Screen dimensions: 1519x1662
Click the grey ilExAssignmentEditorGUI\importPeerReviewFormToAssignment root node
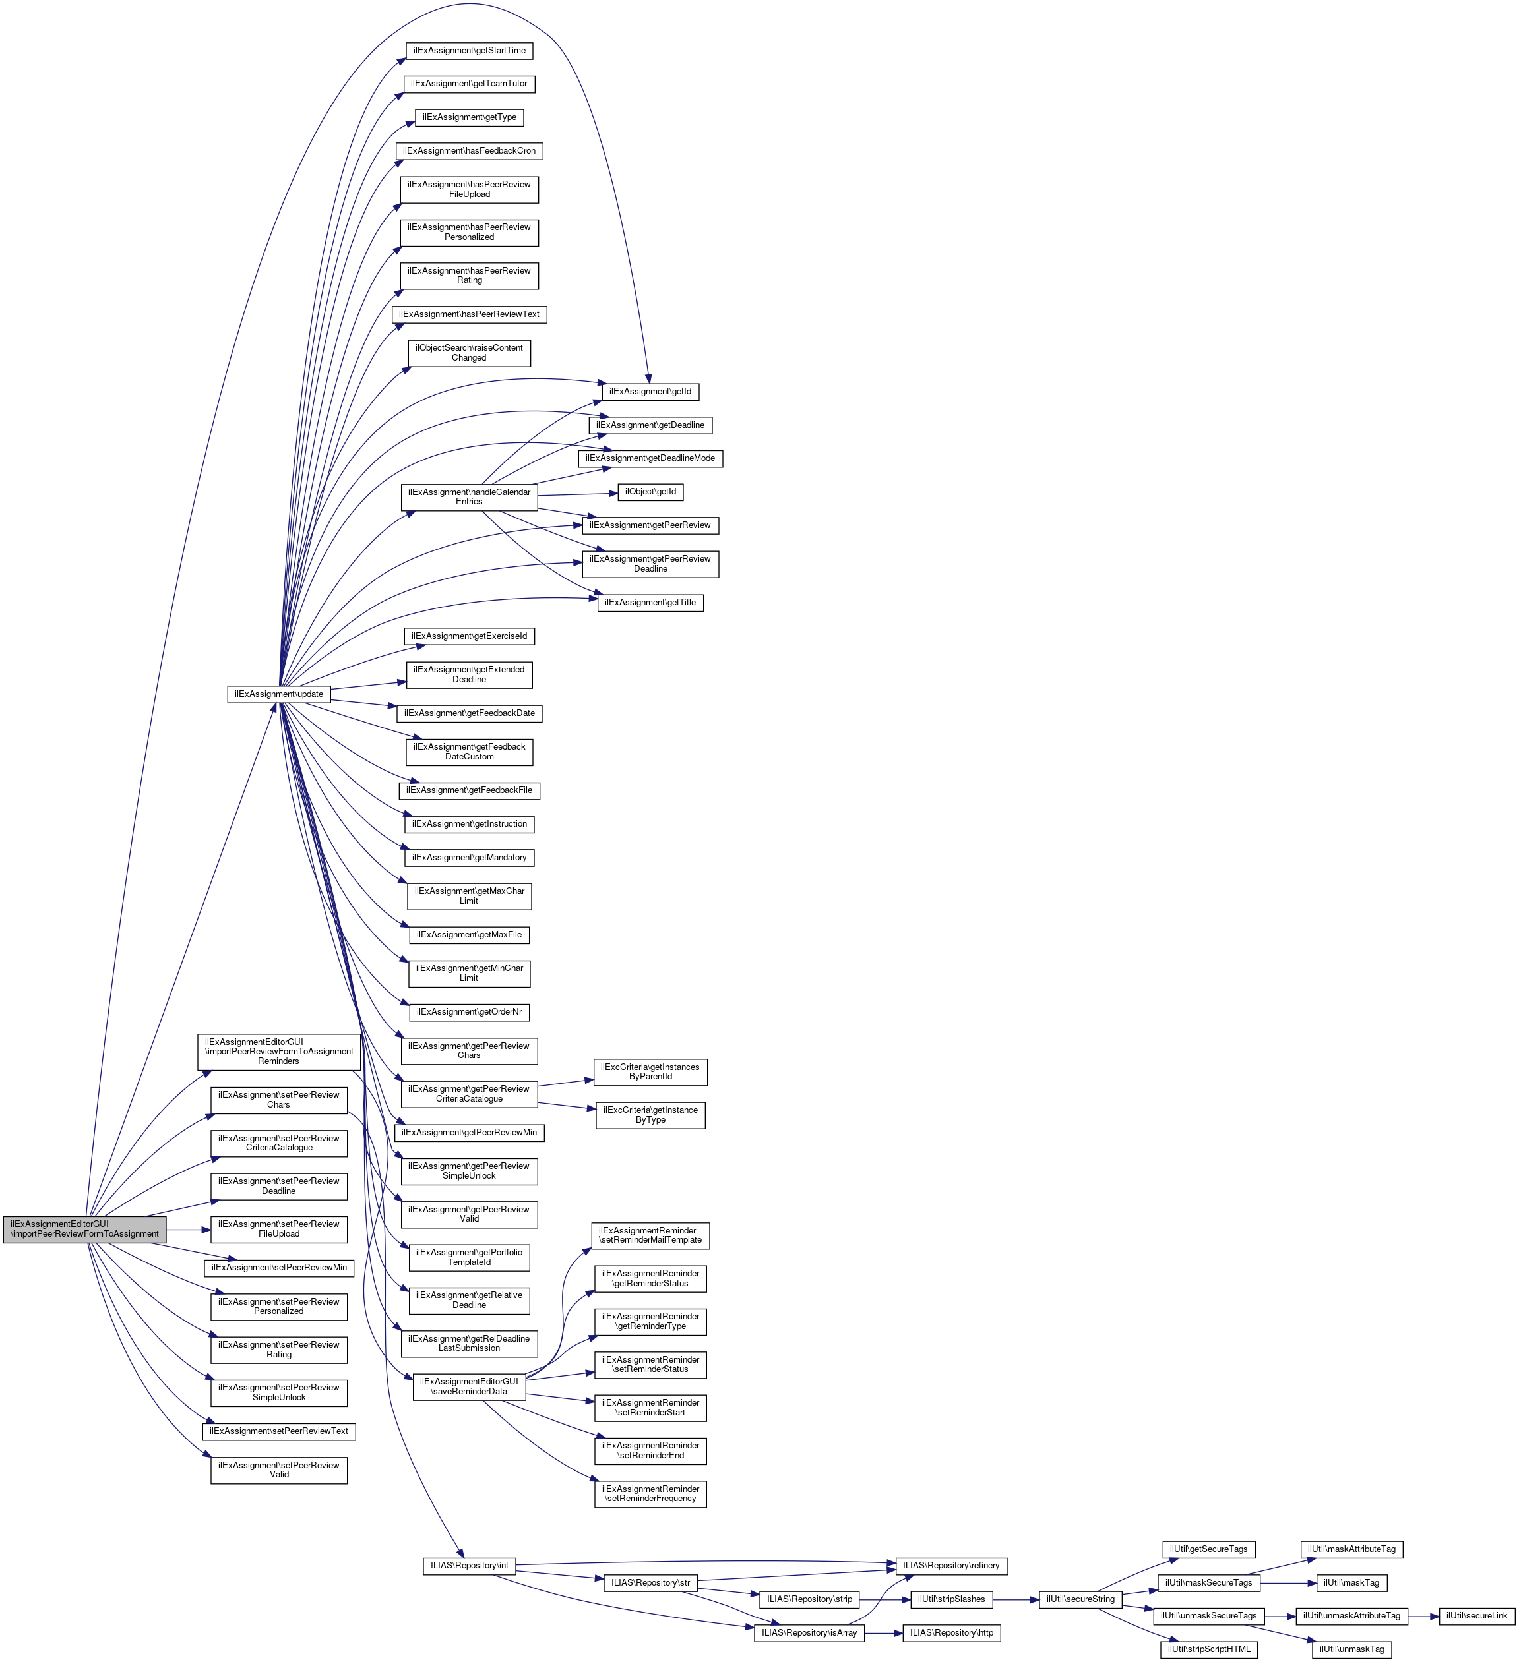coord(84,1229)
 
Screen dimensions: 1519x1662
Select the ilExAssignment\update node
coord(279,694)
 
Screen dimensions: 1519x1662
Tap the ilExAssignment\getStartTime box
coord(469,51)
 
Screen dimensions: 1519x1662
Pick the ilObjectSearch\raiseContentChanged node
coord(469,353)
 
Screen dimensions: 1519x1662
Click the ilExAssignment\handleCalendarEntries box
coord(469,497)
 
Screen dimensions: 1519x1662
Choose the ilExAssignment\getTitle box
coord(650,603)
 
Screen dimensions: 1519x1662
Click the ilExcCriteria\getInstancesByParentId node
coord(650,1072)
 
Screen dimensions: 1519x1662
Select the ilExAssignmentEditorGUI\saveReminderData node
coord(469,1386)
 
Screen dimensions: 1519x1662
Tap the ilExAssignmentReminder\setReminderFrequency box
coord(650,1494)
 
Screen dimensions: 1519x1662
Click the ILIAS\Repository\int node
coord(469,1566)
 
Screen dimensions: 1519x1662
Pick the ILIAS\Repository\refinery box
coord(951,1566)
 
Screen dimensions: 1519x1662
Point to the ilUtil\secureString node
coord(1080,1599)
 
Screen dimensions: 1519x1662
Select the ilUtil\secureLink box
coord(1476,1616)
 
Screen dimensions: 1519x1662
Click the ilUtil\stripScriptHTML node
coord(1209,1649)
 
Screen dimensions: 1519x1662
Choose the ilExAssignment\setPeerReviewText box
coord(279,1431)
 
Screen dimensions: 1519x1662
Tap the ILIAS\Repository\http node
coord(952,1633)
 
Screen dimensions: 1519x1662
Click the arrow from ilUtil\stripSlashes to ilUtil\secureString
coord(1016,1599)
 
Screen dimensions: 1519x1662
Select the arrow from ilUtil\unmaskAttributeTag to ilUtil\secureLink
coord(1423,1616)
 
